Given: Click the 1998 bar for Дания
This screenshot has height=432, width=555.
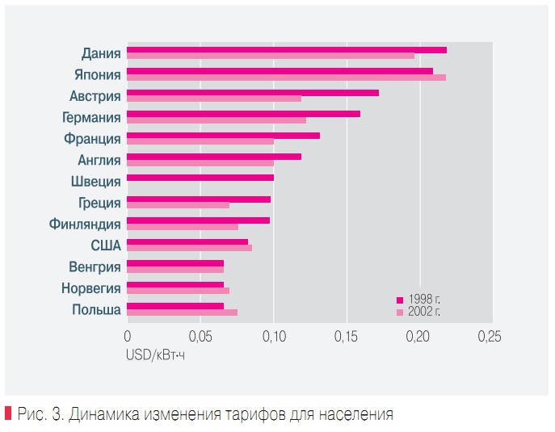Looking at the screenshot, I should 287,50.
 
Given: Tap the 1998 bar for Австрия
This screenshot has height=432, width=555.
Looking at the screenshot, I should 253,93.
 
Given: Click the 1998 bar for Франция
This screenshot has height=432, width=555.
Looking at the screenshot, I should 223,135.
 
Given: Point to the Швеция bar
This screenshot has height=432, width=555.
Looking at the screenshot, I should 200,178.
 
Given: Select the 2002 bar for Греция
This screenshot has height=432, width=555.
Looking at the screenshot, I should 178,205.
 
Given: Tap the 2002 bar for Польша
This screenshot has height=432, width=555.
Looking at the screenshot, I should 182,312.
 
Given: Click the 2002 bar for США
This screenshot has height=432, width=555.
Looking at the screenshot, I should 189,248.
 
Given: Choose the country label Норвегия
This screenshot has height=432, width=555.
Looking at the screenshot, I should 90,288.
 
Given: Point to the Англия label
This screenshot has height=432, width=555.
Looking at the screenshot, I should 99,160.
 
